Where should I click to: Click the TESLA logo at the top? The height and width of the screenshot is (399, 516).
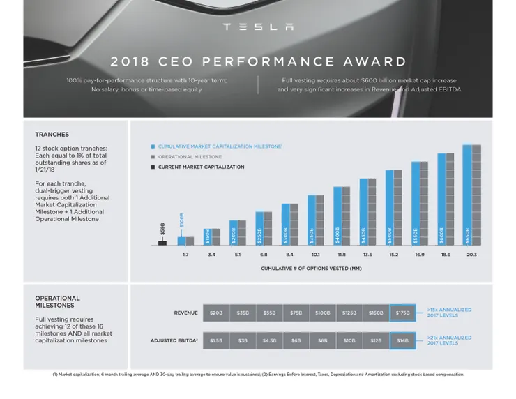pyautogui.click(x=258, y=27)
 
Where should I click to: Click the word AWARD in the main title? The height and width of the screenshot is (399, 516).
pyautogui.click(x=374, y=62)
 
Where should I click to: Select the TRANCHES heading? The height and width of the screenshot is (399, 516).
pyautogui.click(x=52, y=134)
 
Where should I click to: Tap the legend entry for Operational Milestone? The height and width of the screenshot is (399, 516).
pyautogui.click(x=190, y=157)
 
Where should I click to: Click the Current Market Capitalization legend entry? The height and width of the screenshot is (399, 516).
pyautogui.click(x=201, y=167)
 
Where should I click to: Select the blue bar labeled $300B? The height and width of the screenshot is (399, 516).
pyautogui.click(x=285, y=225)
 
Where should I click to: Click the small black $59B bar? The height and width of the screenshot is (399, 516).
pyautogui.click(x=162, y=243)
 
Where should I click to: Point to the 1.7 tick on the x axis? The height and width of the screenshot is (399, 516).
pyautogui.click(x=185, y=255)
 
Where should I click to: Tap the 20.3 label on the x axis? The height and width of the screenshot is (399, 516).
pyautogui.click(x=472, y=255)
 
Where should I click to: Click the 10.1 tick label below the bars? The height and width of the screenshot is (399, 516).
pyautogui.click(x=315, y=255)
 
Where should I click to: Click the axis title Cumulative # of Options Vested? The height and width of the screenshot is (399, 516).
pyautogui.click(x=311, y=269)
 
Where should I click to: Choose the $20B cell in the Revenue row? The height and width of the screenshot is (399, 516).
pyautogui.click(x=217, y=313)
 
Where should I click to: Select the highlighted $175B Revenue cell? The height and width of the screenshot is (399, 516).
pyautogui.click(x=402, y=313)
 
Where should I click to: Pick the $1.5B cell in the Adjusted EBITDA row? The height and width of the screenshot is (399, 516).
pyautogui.click(x=217, y=341)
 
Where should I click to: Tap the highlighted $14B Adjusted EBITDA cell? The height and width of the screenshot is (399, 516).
pyautogui.click(x=402, y=341)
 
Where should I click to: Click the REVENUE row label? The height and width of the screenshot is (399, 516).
pyautogui.click(x=185, y=313)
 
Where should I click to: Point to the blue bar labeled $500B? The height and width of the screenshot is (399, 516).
pyautogui.click(x=389, y=208)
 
